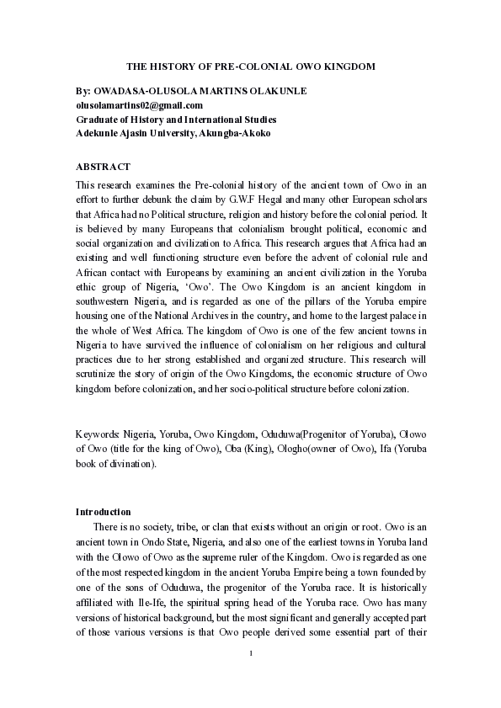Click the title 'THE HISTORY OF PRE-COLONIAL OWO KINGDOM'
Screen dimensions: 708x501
pos(250,65)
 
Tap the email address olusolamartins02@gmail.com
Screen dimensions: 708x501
pos(139,105)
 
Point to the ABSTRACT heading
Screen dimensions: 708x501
pos(103,167)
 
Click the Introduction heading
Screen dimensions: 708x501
pos(103,512)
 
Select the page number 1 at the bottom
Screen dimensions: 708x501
pos(251,654)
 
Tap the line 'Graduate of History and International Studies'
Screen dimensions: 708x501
pos(175,120)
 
